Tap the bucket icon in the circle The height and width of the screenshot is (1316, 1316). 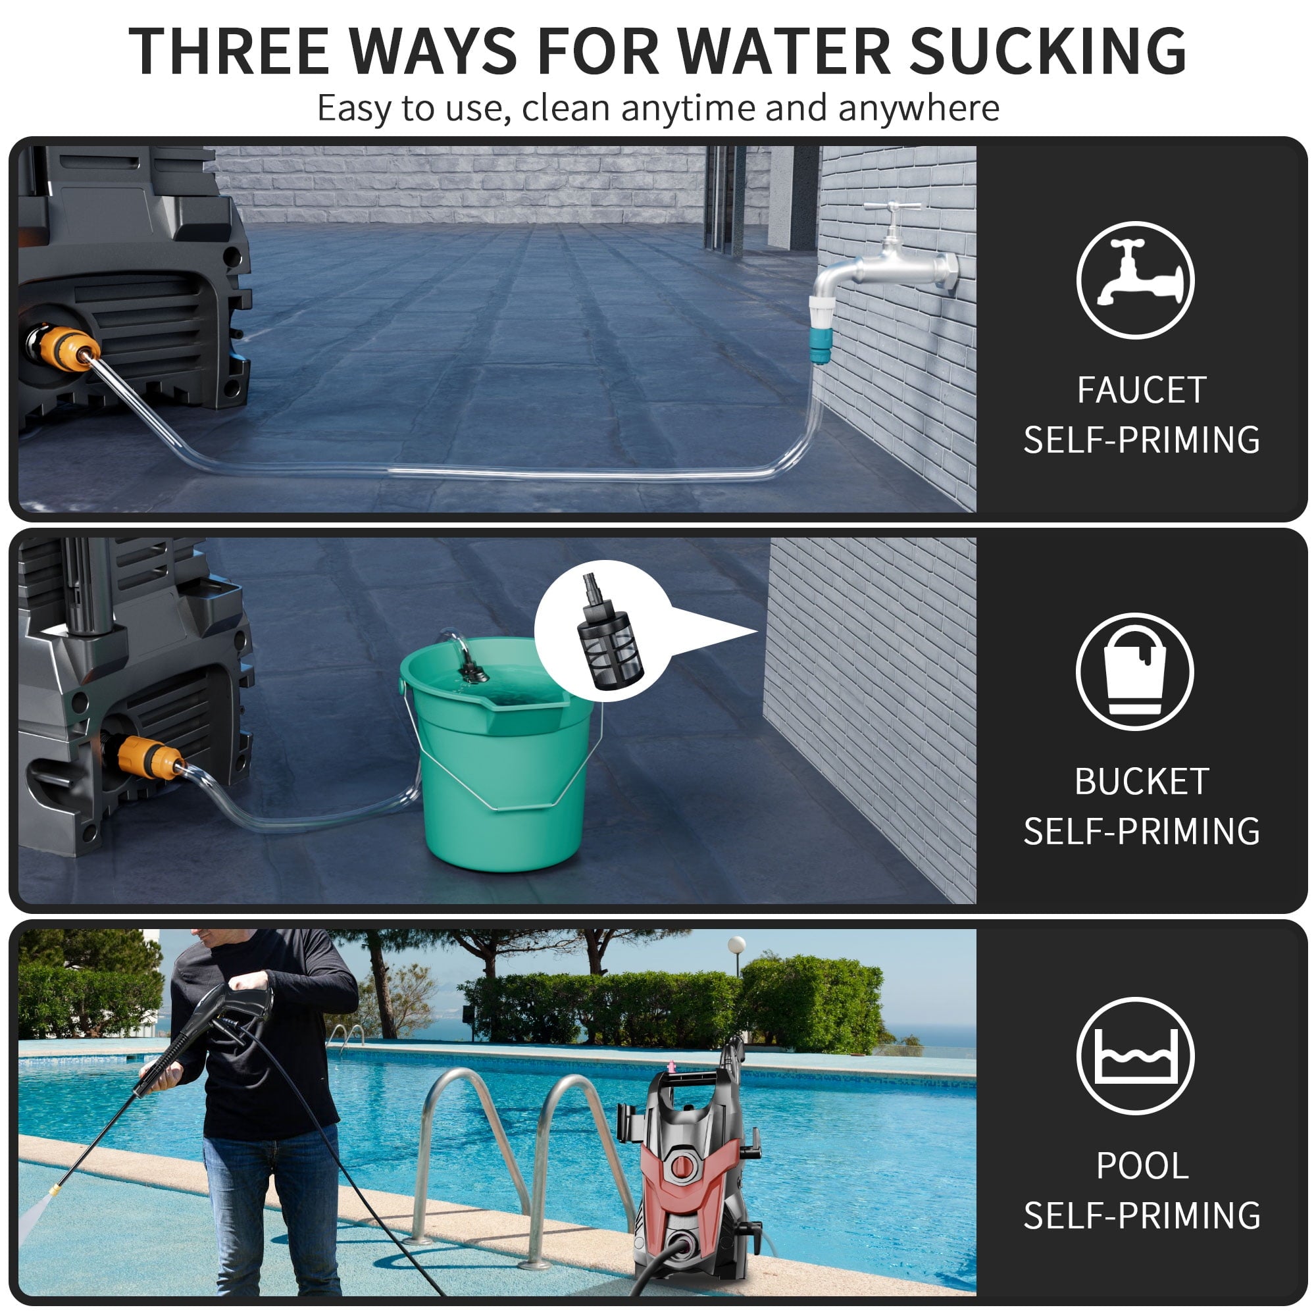tap(1134, 671)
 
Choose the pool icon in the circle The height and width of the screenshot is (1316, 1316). tap(1135, 1055)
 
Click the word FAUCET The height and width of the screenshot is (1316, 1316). tap(1142, 390)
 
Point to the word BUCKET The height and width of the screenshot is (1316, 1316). tap(1142, 781)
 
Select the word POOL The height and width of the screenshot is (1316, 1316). tap(1142, 1165)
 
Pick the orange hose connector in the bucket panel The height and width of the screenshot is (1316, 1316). tap(149, 757)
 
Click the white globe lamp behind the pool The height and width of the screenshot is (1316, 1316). tap(736, 945)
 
